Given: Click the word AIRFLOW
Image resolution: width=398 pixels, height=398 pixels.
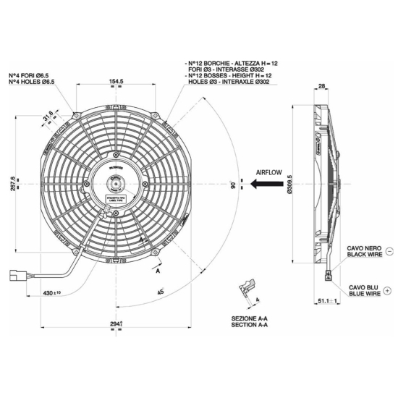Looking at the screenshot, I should pyautogui.click(x=269, y=172).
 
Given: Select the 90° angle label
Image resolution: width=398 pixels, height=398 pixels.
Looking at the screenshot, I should pyautogui.click(x=232, y=185).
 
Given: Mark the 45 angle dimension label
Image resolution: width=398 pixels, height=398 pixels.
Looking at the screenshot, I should pyautogui.click(x=159, y=292).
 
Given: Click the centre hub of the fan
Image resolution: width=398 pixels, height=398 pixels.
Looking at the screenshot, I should pyautogui.click(x=115, y=185).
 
